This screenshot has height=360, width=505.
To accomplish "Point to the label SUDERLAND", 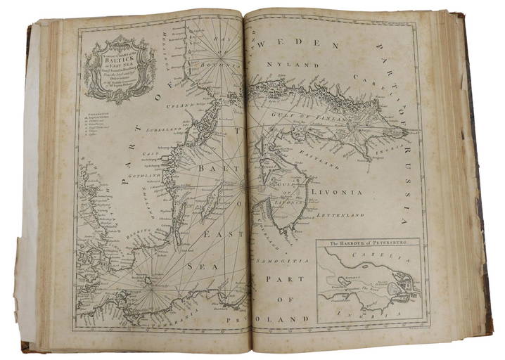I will tap(164, 131).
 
